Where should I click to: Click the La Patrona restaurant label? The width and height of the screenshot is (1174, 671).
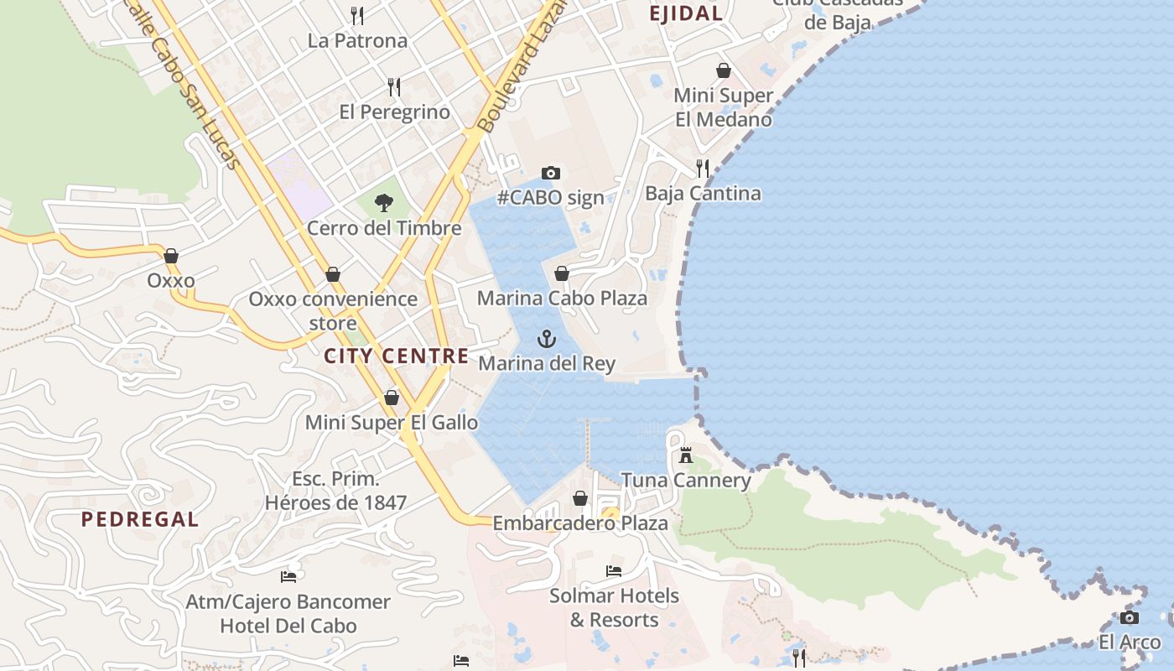coord(357,40)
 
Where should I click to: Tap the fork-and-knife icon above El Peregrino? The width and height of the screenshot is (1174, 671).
coord(394,86)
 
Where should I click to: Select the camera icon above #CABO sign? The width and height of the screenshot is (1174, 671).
coord(550,173)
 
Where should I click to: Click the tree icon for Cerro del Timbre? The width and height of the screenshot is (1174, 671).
coord(384,202)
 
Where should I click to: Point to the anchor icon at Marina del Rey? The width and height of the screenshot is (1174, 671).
coord(547,339)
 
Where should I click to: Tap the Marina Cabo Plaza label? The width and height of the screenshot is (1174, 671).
coord(562,298)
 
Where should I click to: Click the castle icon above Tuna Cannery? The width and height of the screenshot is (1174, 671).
coord(686,455)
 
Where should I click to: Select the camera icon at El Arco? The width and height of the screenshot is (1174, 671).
coord(1130,618)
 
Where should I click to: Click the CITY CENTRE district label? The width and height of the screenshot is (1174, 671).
coord(397,356)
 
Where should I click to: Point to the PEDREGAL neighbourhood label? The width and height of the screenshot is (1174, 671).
coord(140,519)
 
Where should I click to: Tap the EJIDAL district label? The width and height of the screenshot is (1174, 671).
coord(686,13)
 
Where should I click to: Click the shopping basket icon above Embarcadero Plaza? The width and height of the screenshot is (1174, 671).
coord(579,498)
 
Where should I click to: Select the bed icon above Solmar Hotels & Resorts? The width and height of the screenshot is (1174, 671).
coord(614,571)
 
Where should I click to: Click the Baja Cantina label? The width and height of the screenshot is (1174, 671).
coord(703,194)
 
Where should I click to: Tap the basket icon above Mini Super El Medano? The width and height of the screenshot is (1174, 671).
coord(724,70)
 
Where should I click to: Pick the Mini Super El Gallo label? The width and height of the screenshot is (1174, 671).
coord(392,423)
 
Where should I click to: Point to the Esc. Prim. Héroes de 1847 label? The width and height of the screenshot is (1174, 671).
coord(336,492)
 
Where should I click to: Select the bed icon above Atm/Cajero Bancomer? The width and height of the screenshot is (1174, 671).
coord(288,576)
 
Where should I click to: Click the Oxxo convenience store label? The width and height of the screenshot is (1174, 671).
coord(333,310)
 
